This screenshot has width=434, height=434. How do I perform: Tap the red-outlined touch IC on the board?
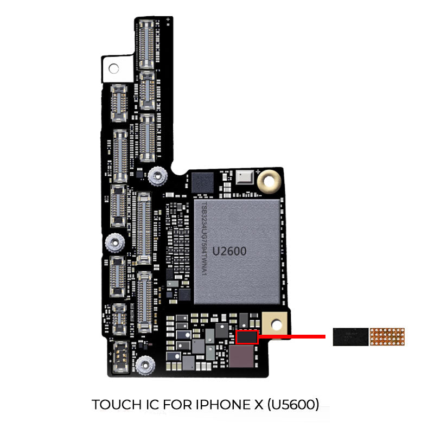click(x=247, y=336)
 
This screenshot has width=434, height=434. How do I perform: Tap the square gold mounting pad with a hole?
click(x=276, y=324)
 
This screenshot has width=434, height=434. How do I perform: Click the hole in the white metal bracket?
click(x=114, y=68)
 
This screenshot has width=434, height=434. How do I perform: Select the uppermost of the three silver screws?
click(x=157, y=175)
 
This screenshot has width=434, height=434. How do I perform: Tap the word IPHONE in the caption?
click(x=212, y=405)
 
